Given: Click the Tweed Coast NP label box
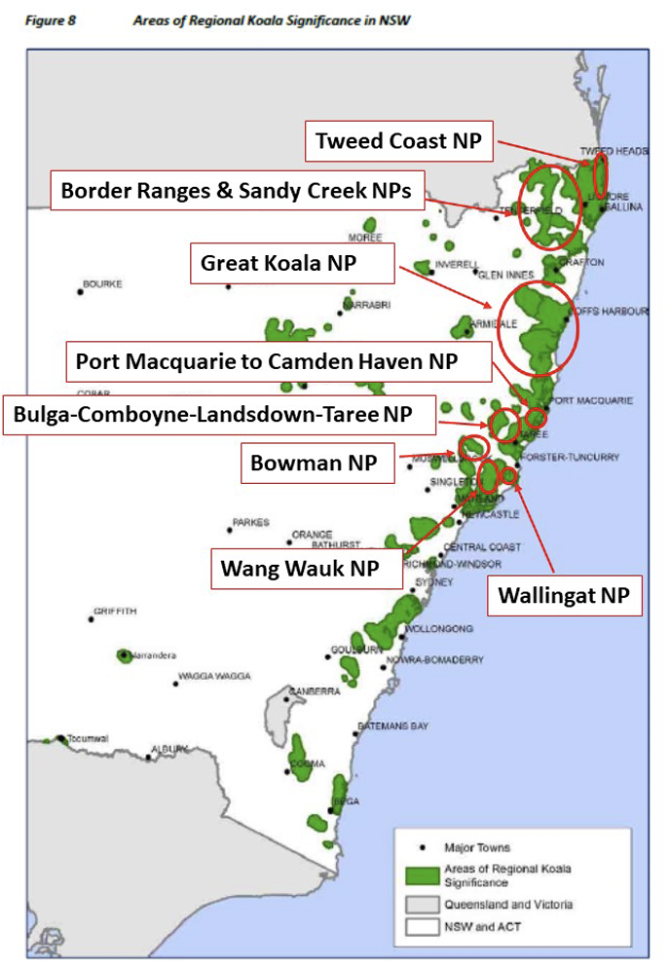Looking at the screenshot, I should (398, 141).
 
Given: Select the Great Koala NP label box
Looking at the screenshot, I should (291, 264).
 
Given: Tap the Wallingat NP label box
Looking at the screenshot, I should (564, 594).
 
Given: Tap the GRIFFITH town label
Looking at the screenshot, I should (115, 612).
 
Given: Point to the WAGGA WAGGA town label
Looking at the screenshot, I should (214, 676).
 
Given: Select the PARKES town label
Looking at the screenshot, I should (250, 523).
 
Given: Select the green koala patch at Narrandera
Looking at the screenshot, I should (125, 655).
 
